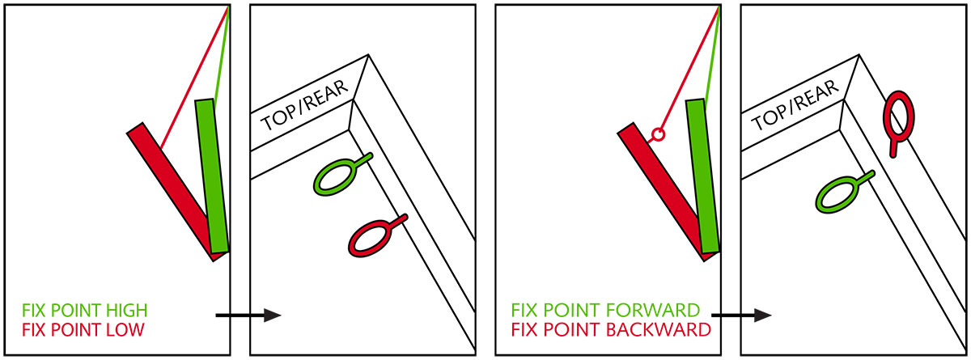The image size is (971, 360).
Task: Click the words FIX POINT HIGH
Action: point(85,311)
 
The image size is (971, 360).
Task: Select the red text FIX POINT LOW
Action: point(83,330)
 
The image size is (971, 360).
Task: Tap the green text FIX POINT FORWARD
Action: point(605,311)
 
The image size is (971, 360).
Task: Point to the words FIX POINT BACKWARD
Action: point(611,330)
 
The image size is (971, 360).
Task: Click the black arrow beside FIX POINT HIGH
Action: point(248,315)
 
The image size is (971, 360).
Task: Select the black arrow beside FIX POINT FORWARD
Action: point(741,315)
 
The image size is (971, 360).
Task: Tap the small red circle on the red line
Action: point(658,134)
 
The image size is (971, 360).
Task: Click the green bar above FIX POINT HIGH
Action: point(211,176)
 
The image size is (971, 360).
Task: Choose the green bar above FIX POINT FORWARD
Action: point(702,176)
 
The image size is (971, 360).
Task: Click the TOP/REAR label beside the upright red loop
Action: point(795,106)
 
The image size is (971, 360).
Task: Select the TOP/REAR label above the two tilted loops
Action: point(304,106)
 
